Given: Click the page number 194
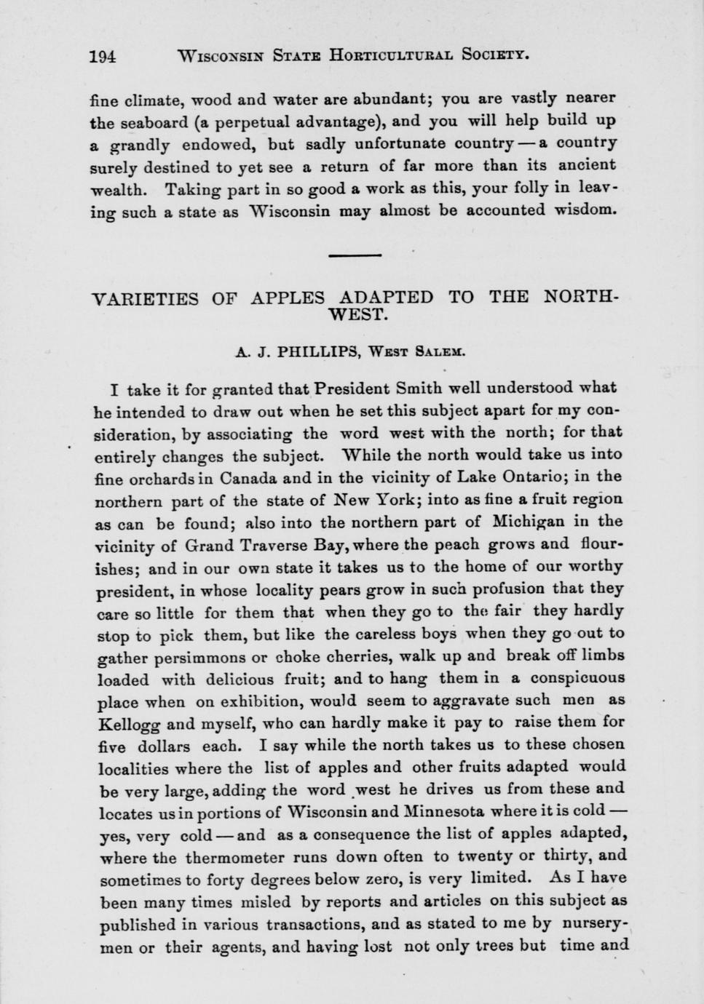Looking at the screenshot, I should (103, 56).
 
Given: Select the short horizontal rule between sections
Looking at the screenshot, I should (355, 255).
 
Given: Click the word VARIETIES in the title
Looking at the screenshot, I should (146, 298).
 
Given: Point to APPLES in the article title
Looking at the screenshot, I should (288, 298).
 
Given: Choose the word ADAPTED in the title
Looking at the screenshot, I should (387, 298).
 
